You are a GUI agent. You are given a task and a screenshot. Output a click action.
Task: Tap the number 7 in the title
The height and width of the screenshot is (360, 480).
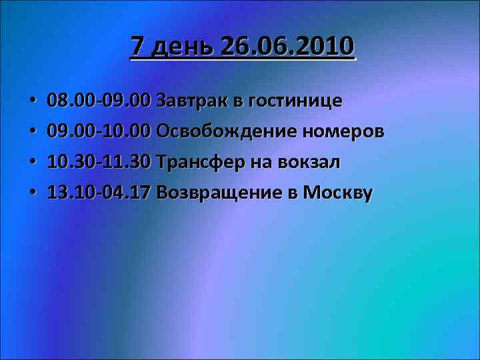[137, 47]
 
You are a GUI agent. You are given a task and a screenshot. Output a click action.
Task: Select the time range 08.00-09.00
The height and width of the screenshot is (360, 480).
[100, 101]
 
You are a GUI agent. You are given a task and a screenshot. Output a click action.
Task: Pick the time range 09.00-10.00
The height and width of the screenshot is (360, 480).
[100, 132]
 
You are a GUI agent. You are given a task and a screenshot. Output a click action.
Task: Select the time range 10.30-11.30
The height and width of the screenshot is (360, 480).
[100, 163]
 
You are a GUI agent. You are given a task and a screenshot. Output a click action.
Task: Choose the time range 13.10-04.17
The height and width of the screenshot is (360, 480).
[100, 193]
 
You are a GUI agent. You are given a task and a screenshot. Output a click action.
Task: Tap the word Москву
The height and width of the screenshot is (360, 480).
[338, 193]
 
